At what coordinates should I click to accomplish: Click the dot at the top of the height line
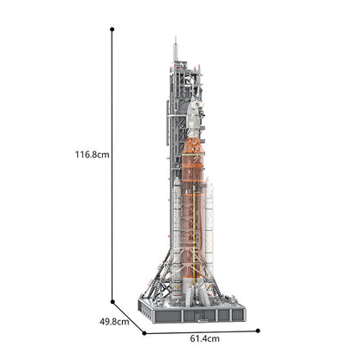click(112, 29)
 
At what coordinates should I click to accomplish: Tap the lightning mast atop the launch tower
click(174, 48)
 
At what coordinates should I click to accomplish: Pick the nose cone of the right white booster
click(209, 184)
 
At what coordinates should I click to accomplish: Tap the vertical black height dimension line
click(112, 216)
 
